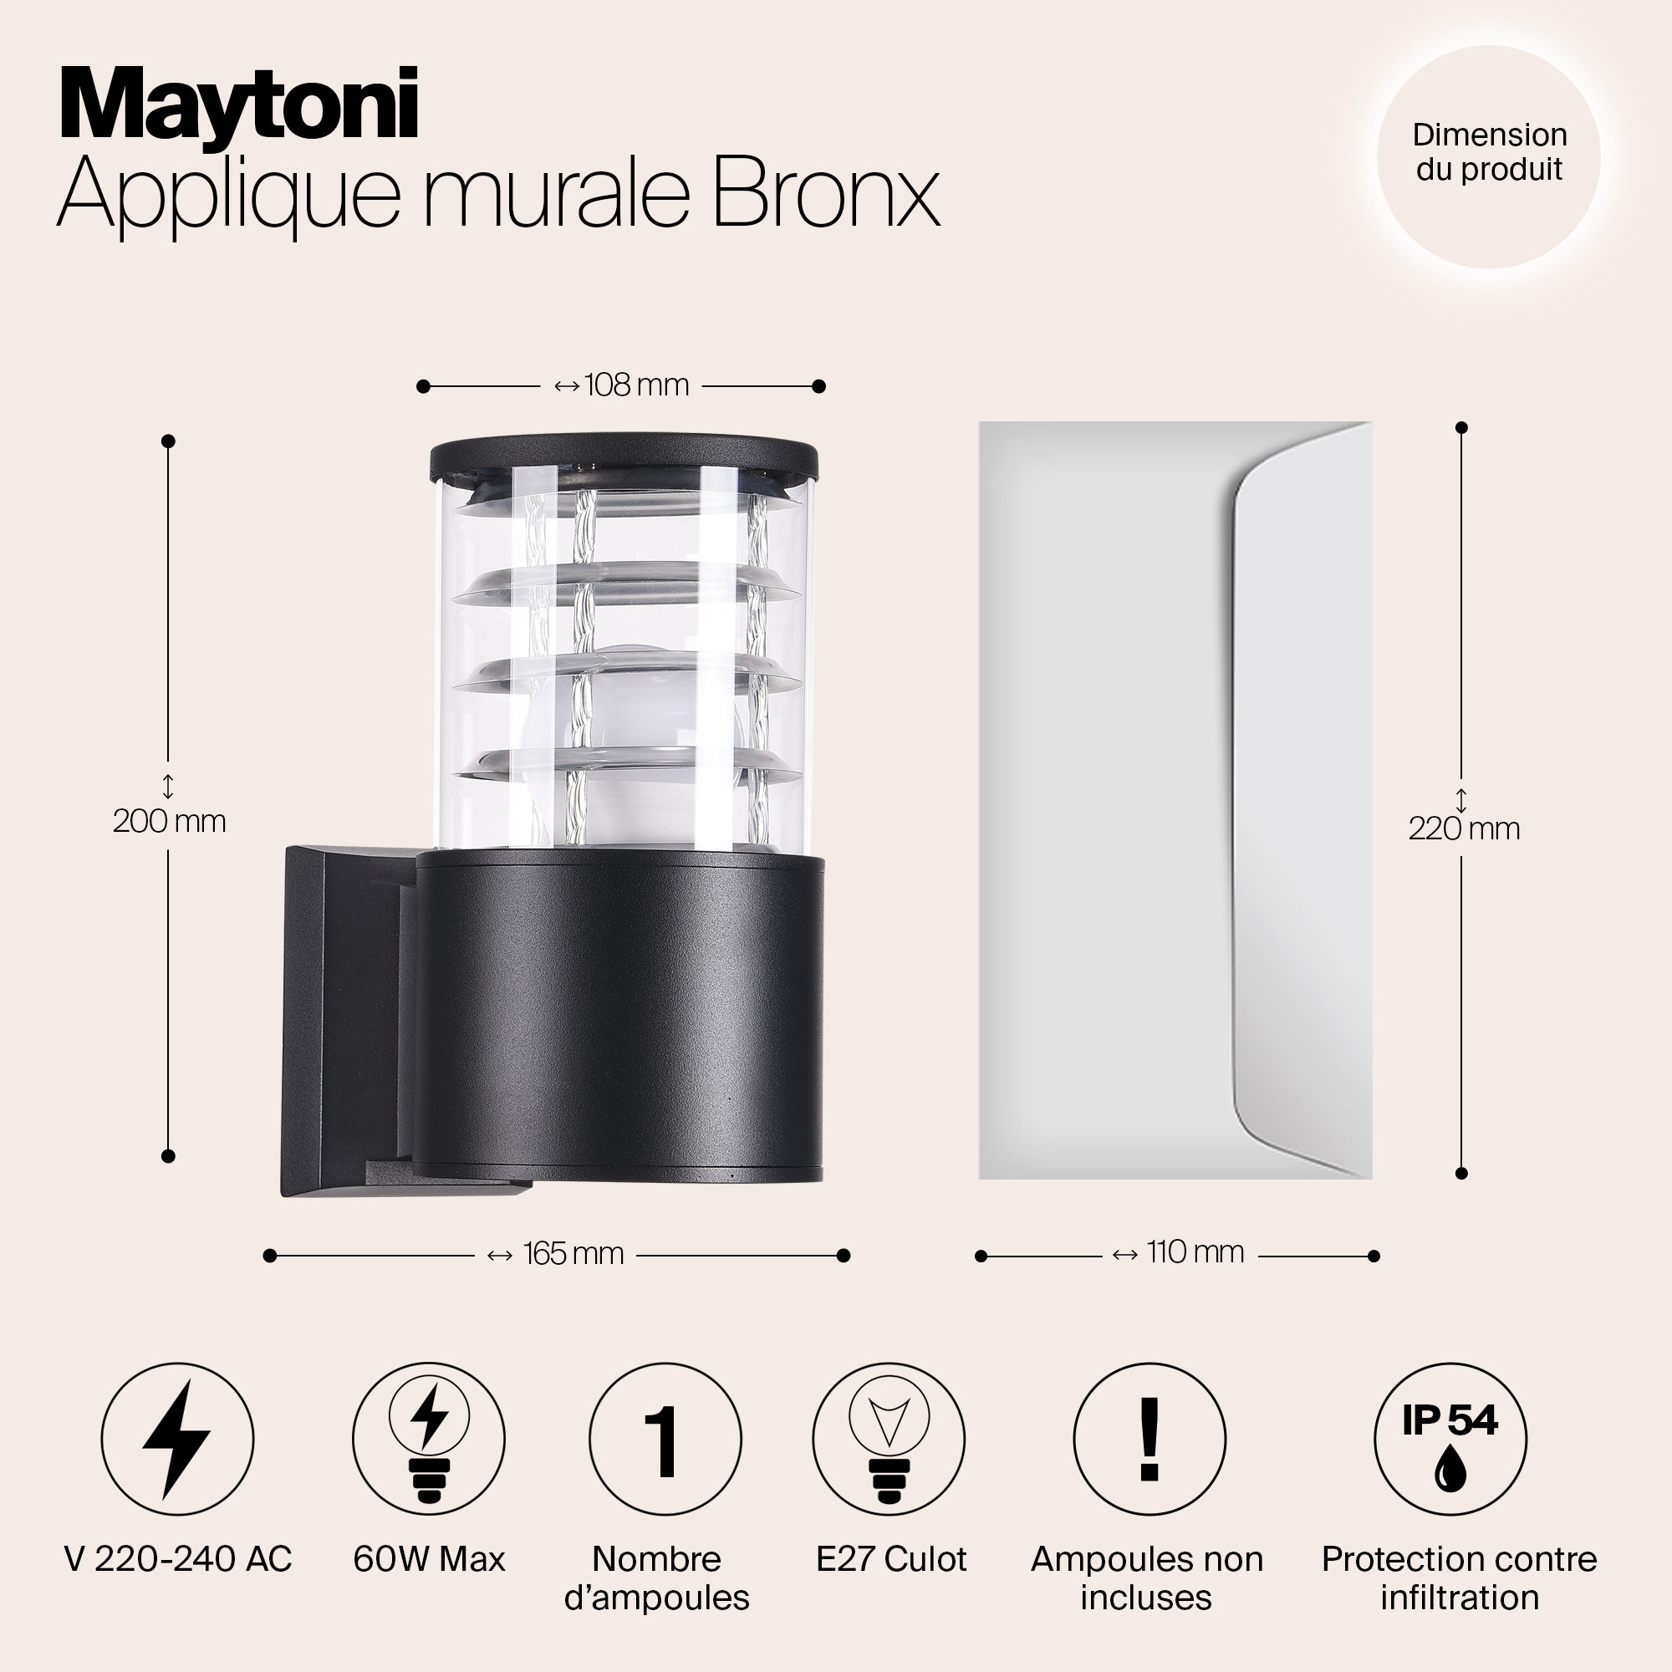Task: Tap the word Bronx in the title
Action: [826, 192]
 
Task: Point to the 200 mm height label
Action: [170, 820]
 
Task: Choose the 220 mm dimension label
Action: [1464, 829]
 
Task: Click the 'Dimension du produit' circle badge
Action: [1489, 156]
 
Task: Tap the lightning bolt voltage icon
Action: [177, 1440]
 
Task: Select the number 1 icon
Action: [665, 1440]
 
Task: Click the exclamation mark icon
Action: [1149, 1440]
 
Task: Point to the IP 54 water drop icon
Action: [1450, 1440]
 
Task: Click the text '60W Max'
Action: [429, 1559]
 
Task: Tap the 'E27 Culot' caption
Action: [891, 1559]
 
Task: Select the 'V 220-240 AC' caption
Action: [178, 1559]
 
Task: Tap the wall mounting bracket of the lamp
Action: [346, 1022]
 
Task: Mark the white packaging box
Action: [1175, 800]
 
